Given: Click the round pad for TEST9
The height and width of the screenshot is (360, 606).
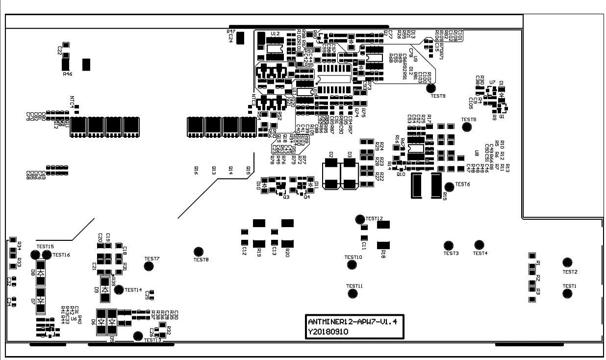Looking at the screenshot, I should pos(431,88).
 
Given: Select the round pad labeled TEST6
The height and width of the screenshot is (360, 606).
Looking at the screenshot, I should pos(449,186).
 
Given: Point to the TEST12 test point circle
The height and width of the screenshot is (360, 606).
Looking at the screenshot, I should pos(360,219).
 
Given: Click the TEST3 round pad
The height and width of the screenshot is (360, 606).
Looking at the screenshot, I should pos(448,245).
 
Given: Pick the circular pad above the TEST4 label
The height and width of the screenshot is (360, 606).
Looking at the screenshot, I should pos(479,245).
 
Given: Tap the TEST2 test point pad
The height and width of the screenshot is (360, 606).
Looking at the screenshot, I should pos(567,262).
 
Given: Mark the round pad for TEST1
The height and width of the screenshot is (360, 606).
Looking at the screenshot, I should pos(567,293).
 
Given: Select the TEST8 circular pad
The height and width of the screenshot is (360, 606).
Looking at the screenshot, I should pos(199,252).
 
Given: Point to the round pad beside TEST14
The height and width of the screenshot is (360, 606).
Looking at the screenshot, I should pos(119,290).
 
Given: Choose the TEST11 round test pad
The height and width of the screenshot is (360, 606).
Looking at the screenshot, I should pos(352,293).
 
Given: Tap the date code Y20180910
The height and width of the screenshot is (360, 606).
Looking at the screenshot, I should pos(328,332).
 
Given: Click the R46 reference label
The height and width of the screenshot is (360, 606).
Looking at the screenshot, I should pos(68,74).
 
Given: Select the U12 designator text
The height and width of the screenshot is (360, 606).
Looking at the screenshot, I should pos(275,34).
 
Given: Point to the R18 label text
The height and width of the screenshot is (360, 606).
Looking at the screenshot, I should pos(383,254).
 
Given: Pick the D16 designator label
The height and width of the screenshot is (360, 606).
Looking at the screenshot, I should pos(196,170).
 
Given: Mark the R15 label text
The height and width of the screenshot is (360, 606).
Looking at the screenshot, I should pos(444,196).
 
